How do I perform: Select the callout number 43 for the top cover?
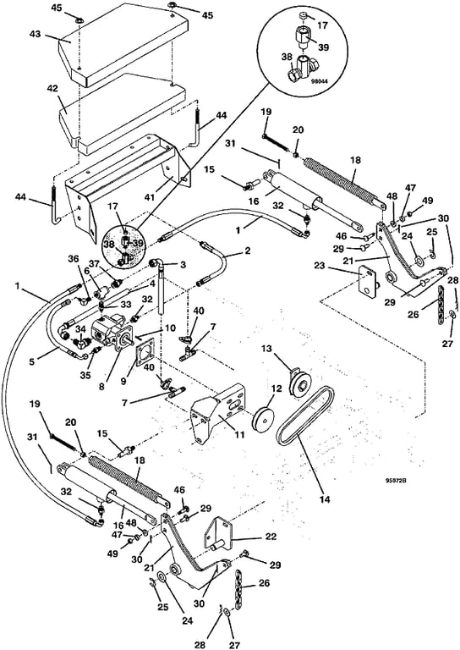(36, 34)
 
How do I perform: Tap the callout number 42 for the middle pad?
(52, 88)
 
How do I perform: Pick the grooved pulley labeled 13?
(300, 384)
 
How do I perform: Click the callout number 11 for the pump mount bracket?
(239, 435)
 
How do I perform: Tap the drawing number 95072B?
(395, 481)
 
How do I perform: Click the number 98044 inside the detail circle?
(320, 82)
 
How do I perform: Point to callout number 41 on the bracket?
(150, 197)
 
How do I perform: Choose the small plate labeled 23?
(367, 279)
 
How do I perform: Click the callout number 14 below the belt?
(325, 499)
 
